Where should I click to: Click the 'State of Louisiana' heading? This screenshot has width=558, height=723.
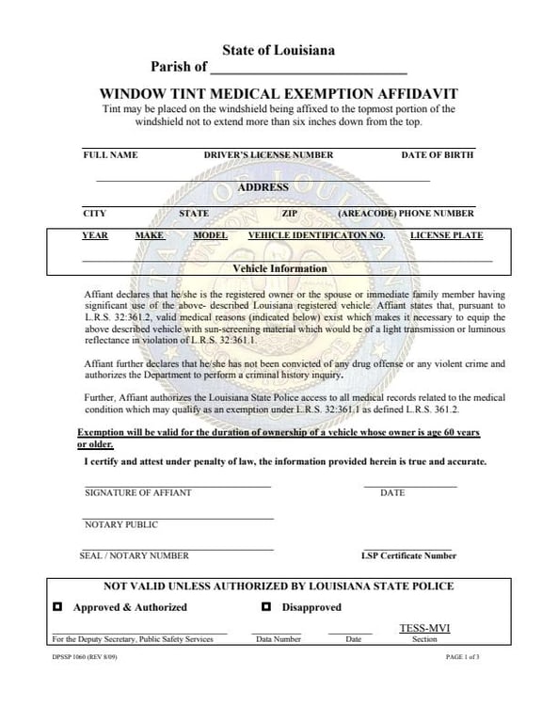(x=278, y=50)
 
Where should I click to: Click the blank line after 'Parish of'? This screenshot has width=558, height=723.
(x=309, y=68)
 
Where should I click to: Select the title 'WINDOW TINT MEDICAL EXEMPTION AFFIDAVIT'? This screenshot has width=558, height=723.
(x=278, y=94)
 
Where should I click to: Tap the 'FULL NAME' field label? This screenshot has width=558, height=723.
(x=110, y=154)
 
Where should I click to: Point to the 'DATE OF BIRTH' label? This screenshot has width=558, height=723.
(x=438, y=154)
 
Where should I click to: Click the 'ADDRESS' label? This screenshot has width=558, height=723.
(x=263, y=187)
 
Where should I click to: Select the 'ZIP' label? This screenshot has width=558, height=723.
(x=290, y=214)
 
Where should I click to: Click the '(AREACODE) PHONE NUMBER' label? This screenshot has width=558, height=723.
(x=406, y=214)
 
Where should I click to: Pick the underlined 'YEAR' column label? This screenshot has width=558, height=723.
(x=95, y=235)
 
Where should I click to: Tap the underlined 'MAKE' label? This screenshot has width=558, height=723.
(x=150, y=235)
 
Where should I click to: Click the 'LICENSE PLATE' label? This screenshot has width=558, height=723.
(x=447, y=235)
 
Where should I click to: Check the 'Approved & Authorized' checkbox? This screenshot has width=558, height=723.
(x=57, y=607)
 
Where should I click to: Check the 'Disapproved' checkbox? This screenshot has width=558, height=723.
(x=266, y=607)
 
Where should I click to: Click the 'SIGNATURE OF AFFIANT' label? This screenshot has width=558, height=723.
(x=137, y=492)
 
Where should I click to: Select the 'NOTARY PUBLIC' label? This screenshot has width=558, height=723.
(x=121, y=524)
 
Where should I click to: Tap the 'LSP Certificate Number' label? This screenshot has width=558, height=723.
(x=408, y=555)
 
